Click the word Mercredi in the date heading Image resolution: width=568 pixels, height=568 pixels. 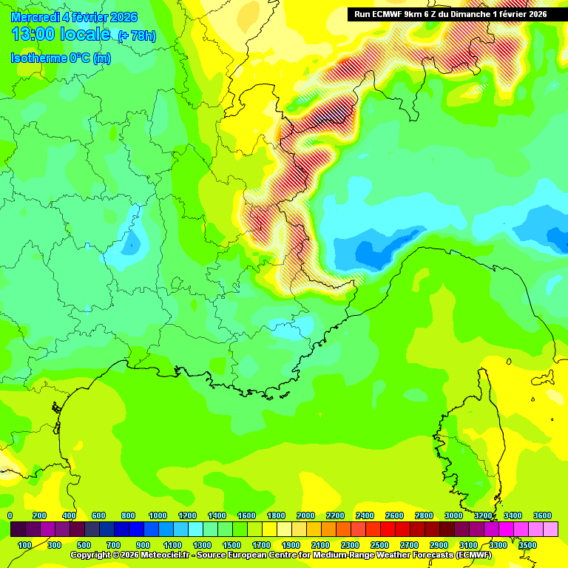33,17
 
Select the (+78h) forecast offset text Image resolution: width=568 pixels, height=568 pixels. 137,35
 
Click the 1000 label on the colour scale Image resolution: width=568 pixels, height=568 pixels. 158,515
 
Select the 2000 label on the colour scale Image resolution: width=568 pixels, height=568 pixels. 305,515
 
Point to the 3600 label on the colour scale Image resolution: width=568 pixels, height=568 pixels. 542,515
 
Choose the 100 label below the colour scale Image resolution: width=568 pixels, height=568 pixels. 24,545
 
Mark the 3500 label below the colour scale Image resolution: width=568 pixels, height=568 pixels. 527,545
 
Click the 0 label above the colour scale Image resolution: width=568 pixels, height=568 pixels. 10,515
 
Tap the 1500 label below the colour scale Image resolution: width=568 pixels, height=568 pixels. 231,545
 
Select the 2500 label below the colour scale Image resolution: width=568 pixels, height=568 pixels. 379,545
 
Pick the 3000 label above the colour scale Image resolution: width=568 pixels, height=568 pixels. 453,515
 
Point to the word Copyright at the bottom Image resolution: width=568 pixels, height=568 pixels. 92,555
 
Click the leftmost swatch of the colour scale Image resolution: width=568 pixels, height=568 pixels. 18,530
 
